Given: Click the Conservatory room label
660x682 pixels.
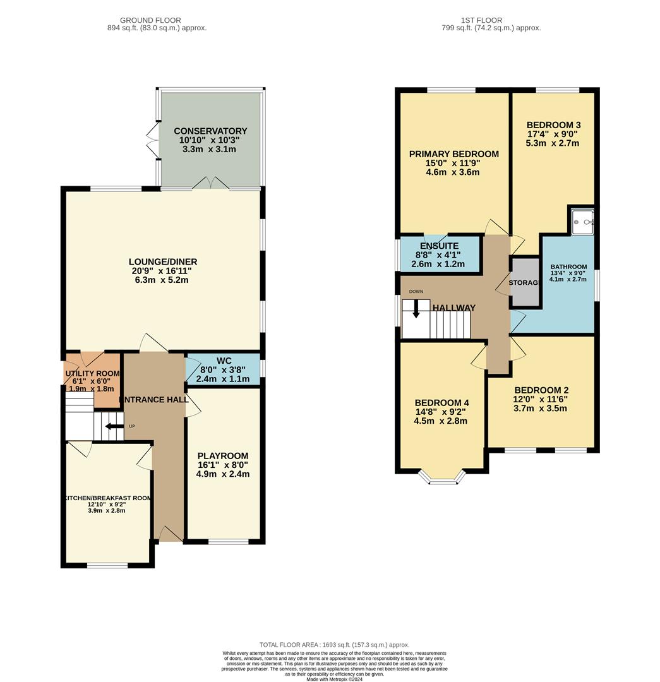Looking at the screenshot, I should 210,131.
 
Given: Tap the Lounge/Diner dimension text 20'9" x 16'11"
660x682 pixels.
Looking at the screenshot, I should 164,271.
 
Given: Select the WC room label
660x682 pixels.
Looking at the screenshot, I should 225,361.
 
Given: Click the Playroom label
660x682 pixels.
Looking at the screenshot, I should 223,455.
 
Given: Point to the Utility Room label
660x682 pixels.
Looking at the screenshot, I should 92,373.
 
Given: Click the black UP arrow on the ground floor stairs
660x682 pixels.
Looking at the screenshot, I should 114,426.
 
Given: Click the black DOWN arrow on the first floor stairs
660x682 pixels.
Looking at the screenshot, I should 416,309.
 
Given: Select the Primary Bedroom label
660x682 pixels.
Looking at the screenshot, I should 453,153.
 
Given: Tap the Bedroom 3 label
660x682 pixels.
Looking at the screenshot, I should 553,124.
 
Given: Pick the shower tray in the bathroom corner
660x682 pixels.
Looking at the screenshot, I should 582,221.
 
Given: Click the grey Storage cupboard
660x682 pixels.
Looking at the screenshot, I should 525,282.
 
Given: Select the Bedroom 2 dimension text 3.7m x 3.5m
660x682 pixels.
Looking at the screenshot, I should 540,409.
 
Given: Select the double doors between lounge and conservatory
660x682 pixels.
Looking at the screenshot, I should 210,184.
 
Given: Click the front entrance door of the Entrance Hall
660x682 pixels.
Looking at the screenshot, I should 169,535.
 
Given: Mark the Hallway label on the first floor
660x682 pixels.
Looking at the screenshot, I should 454,308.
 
